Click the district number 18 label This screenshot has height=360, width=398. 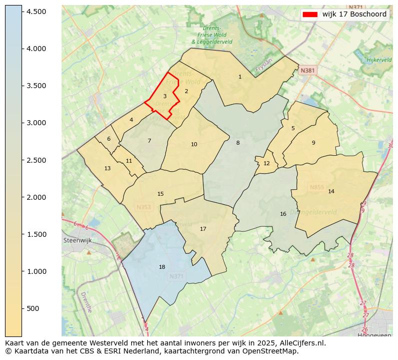(162, 267)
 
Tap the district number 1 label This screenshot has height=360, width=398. (240, 77)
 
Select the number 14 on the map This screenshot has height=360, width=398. (331, 191)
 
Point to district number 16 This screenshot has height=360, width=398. (283, 214)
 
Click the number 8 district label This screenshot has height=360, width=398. (238, 143)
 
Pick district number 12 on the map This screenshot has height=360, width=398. (266, 163)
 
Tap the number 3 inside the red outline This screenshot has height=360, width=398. (165, 96)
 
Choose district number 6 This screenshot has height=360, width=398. (109, 139)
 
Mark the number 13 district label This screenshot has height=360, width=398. (107, 168)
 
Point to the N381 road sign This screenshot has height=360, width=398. (307, 71)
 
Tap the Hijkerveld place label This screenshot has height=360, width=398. (379, 60)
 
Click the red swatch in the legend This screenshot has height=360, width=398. (310, 15)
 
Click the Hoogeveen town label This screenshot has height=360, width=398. (374, 335)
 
